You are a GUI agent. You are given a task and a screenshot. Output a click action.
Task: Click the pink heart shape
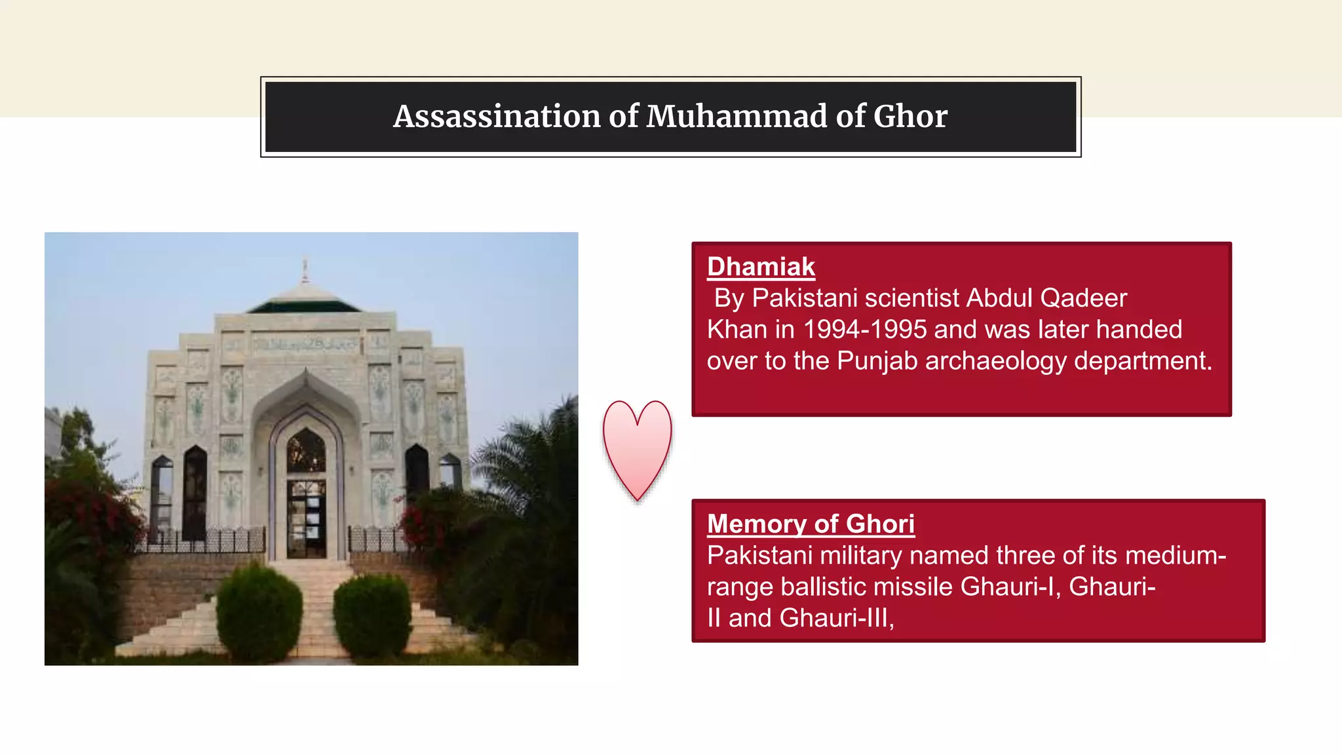(637, 446)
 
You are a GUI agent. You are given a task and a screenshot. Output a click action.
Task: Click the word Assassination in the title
(497, 117)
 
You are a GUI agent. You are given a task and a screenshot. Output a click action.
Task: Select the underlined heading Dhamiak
(761, 267)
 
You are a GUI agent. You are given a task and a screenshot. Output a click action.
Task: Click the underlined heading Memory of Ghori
(811, 524)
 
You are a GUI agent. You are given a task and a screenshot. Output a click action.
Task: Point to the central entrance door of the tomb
(306, 518)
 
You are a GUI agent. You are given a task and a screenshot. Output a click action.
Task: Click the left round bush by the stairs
(259, 613)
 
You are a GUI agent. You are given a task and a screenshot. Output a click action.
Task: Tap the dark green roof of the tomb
(304, 305)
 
